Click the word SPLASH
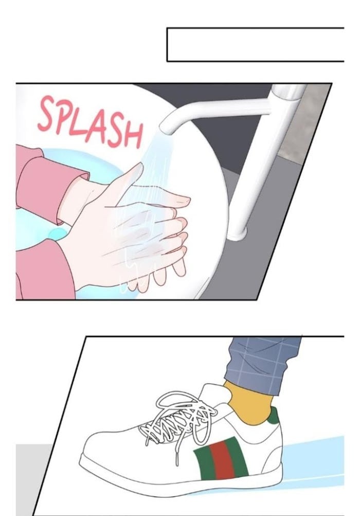[x=91, y=122]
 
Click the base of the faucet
[x=237, y=233]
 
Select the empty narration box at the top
[x=256, y=45]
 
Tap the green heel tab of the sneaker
[x=273, y=416]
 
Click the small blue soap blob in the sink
[x=58, y=234]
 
